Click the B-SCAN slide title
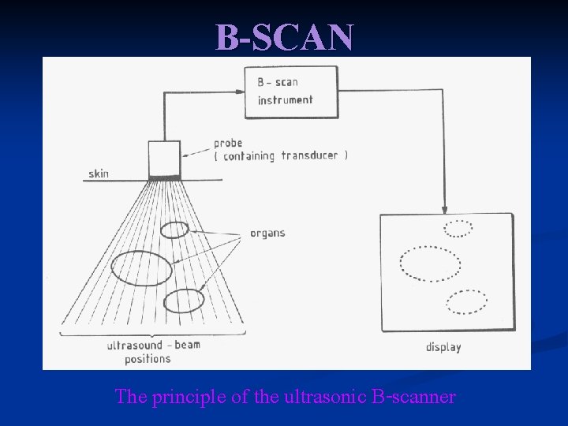285,36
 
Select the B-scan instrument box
291,92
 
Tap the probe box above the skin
165,159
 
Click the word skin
99,174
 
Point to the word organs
267,233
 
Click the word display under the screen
443,346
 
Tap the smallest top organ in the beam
175,230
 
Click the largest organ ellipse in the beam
142,267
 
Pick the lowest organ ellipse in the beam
184,301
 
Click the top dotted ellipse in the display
458,229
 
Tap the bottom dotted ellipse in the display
466,301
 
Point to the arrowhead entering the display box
445,211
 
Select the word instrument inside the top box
285,100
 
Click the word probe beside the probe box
228,144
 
